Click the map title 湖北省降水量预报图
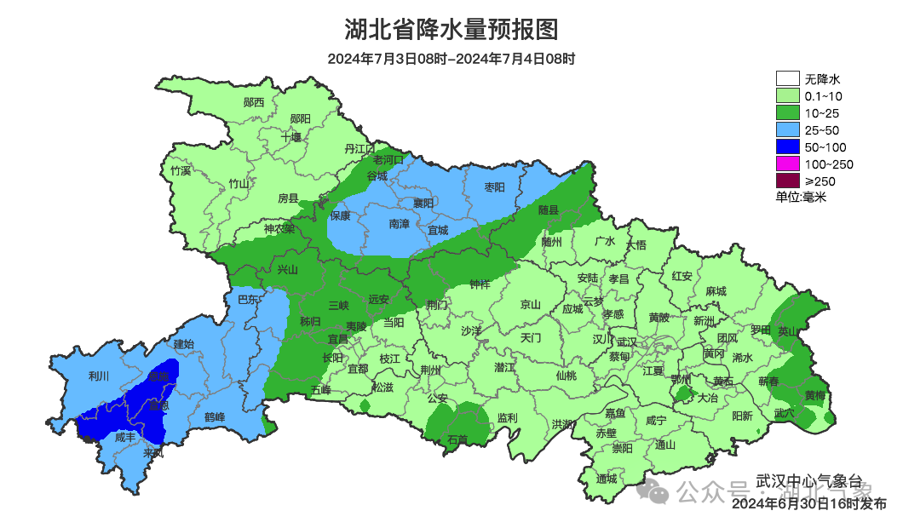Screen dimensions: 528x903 tap(451, 31)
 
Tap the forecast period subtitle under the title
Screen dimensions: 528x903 tap(451, 60)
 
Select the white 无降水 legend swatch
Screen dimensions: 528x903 tap(787, 79)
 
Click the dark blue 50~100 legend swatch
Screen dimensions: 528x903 tap(787, 146)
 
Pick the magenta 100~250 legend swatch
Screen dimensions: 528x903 tap(787, 164)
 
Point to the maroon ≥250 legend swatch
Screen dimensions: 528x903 tap(787, 181)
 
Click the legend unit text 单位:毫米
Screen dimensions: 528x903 tap(801, 197)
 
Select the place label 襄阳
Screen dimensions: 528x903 tap(423, 203)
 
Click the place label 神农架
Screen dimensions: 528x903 tap(279, 228)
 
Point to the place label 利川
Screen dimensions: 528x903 tap(99, 376)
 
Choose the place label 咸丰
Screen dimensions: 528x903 tap(124, 438)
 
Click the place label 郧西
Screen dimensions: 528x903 tap(253, 102)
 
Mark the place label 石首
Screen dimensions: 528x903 tap(457, 439)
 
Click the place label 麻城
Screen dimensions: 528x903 tap(716, 291)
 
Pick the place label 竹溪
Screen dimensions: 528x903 tap(181, 170)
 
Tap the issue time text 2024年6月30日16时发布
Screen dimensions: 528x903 tap(809, 503)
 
